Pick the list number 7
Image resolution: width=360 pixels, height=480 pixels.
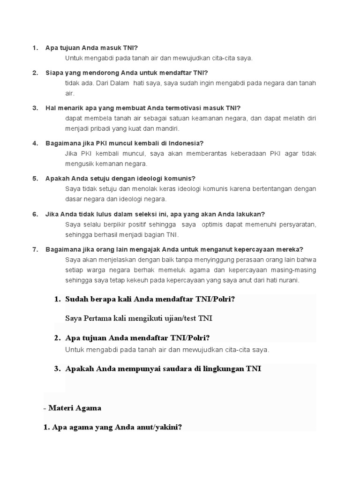[35, 249]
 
